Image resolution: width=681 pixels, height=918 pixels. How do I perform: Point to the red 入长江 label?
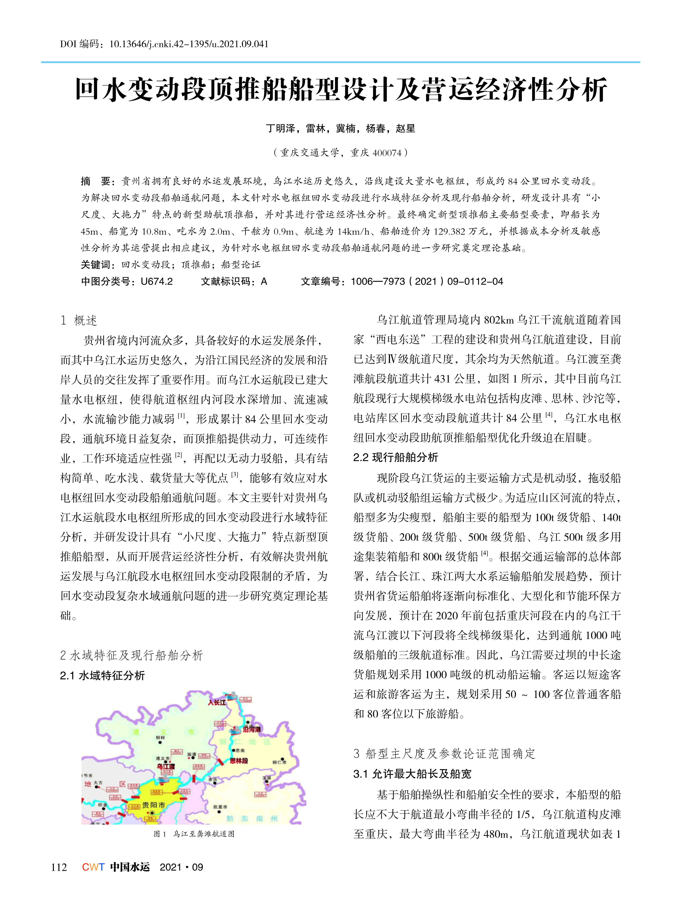[x=217, y=702]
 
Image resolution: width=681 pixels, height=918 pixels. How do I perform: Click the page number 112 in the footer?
[x=59, y=867]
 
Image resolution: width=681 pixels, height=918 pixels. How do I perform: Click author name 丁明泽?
[x=280, y=129]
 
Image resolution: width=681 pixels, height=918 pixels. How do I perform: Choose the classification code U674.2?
[x=157, y=281]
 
